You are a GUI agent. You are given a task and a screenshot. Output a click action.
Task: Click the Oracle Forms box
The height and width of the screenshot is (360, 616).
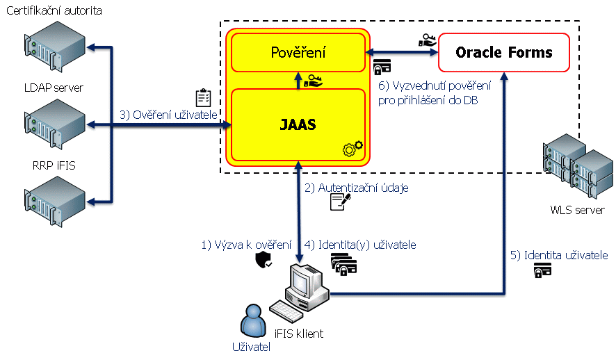tap(504, 52)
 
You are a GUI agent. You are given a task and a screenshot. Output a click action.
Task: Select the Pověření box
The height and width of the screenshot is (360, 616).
tap(298, 52)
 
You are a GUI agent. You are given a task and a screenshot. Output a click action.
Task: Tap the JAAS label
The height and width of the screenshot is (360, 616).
tap(298, 125)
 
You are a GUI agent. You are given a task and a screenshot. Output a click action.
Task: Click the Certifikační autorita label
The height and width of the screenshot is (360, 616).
tap(54, 10)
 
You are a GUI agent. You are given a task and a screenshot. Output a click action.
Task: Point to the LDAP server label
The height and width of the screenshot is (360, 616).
tap(54, 88)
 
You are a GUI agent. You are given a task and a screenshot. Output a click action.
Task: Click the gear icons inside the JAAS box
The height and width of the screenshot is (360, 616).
tap(353, 148)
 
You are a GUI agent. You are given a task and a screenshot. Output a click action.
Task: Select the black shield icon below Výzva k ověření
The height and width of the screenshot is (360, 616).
tap(264, 260)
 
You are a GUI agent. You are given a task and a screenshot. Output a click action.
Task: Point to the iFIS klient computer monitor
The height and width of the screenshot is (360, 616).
tap(304, 281)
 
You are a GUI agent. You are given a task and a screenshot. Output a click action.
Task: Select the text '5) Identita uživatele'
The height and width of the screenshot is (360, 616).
tap(559, 255)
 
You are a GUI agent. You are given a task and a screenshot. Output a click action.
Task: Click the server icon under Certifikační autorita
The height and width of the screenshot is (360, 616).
tap(54, 46)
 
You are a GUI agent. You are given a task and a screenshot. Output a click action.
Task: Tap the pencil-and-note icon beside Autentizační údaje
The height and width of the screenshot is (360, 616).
tap(341, 202)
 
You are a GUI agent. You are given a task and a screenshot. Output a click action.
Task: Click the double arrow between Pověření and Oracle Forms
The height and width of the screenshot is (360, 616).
tap(402, 51)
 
